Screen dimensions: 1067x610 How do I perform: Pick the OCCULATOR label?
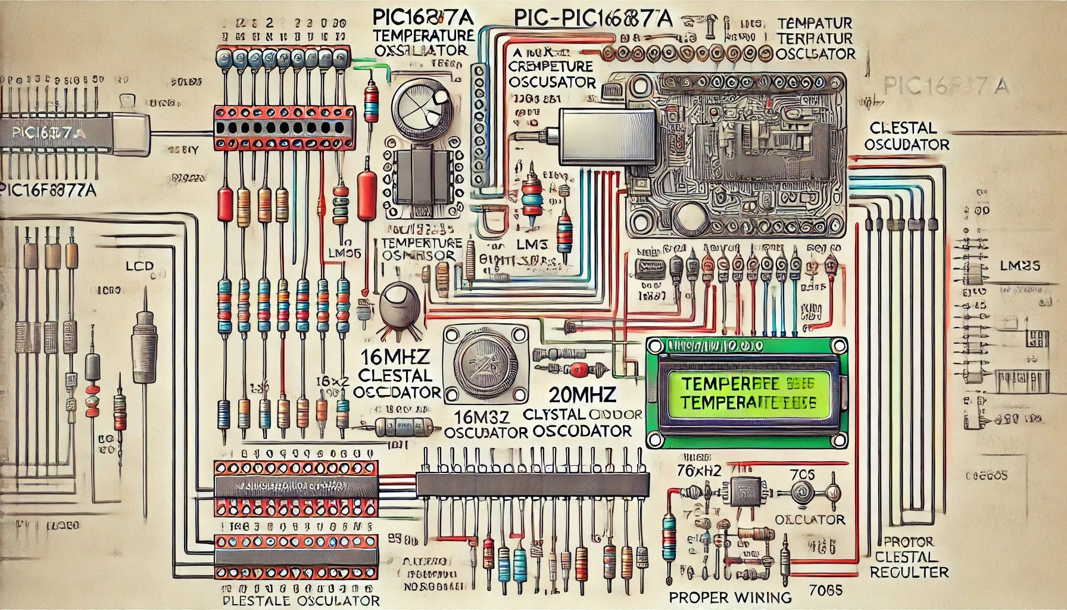809,519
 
